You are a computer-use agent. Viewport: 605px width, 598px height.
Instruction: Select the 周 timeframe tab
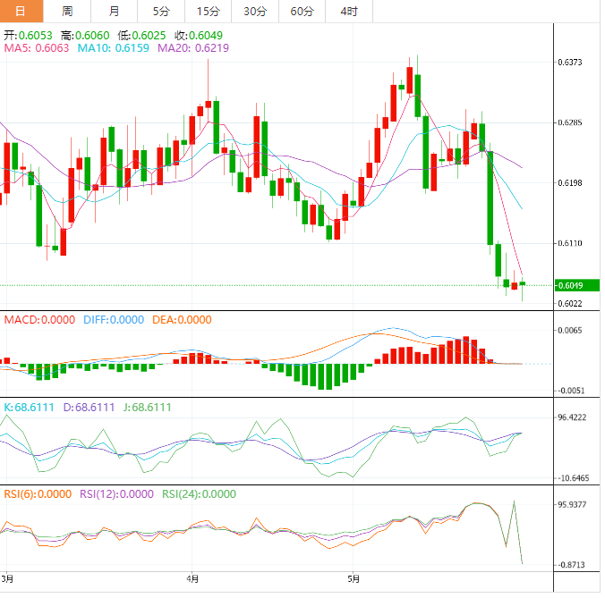click(68, 11)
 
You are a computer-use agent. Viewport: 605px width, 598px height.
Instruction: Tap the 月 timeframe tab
click(114, 11)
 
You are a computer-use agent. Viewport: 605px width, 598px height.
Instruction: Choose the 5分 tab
click(161, 11)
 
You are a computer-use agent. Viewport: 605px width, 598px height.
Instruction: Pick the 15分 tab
click(208, 11)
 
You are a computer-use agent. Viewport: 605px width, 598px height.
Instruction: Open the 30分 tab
click(255, 11)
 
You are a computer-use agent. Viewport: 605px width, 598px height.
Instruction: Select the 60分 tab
click(302, 11)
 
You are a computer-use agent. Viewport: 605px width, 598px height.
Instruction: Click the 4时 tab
click(349, 11)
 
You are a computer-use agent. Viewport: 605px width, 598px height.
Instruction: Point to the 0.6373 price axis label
click(571, 62)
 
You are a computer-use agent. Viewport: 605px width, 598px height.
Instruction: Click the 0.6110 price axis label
click(571, 243)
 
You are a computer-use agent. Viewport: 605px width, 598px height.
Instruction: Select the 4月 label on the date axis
click(192, 578)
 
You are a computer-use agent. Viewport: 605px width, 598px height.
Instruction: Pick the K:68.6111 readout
click(31, 407)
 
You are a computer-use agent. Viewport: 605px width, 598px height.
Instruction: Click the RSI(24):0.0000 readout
click(199, 493)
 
